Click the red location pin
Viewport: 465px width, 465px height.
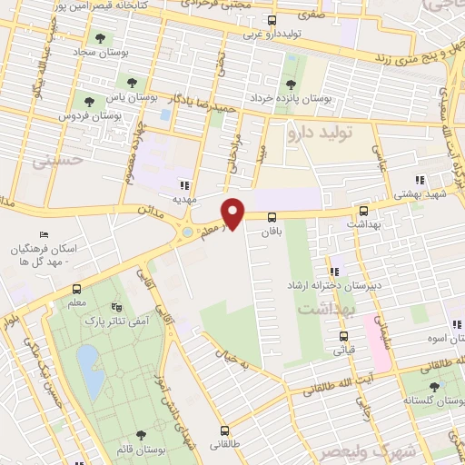click(x=234, y=213)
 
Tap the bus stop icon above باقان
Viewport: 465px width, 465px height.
click(x=272, y=215)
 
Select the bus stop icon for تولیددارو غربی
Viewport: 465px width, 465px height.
click(x=272, y=20)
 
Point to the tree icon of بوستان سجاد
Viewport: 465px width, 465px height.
click(x=100, y=39)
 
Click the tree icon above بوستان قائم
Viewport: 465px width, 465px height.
click(x=140, y=436)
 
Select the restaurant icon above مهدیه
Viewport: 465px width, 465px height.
click(x=184, y=184)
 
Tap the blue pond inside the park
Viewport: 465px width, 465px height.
click(x=90, y=371)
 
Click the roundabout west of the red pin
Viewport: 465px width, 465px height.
click(x=188, y=232)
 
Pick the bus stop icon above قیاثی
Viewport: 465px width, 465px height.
click(x=341, y=332)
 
